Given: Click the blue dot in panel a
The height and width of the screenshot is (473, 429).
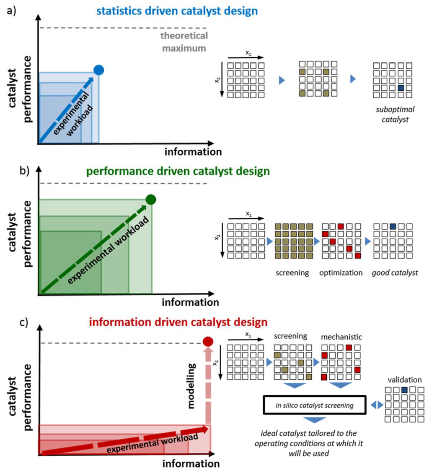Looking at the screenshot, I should (x=98, y=70).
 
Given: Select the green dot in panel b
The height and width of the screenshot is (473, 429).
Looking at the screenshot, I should (x=151, y=199).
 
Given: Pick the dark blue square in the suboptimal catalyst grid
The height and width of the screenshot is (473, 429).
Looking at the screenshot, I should (x=401, y=88).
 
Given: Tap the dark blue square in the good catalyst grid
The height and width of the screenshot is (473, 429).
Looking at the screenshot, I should (x=393, y=226).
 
